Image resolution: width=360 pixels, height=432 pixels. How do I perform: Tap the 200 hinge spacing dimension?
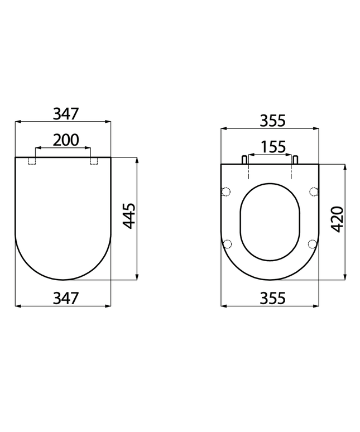tap(65, 140)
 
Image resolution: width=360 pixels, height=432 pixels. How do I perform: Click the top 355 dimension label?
tap(272, 120)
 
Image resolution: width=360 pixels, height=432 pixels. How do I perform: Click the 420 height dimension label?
tap(337, 219)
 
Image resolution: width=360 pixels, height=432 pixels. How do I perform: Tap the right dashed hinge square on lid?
tap(94, 161)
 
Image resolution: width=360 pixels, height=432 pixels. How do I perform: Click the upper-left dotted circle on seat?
tap(226, 192)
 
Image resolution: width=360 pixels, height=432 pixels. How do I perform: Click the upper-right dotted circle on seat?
tap(314, 192)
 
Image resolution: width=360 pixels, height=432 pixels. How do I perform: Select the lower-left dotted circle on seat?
tap(227, 243)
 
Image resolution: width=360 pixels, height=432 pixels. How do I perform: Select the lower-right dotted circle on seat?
tap(313, 243)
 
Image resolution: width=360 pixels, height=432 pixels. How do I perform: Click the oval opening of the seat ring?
tap(270, 222)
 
